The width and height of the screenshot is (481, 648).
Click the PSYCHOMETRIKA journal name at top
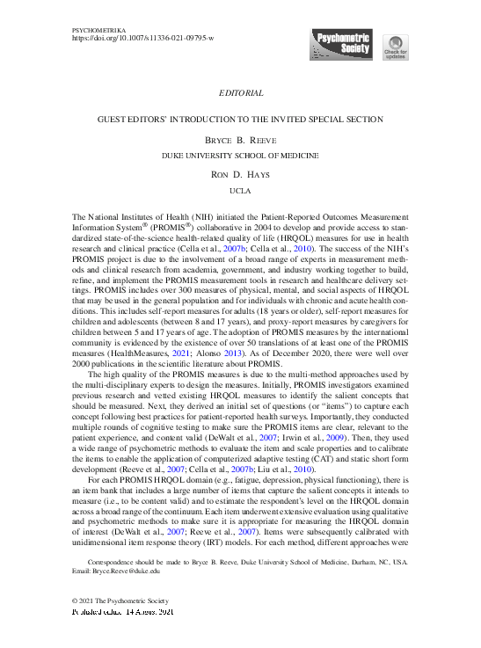97,31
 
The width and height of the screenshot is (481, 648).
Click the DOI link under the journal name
142,40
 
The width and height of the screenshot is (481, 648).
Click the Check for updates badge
395,49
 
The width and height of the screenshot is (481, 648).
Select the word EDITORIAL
240,93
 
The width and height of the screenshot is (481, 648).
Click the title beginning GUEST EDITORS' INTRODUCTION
240,120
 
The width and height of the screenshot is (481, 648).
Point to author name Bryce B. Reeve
240,140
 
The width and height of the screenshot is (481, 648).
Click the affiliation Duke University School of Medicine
240,155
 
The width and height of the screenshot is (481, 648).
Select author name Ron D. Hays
240,175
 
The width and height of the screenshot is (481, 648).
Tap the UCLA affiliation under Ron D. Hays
240,190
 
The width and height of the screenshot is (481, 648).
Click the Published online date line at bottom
122,610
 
